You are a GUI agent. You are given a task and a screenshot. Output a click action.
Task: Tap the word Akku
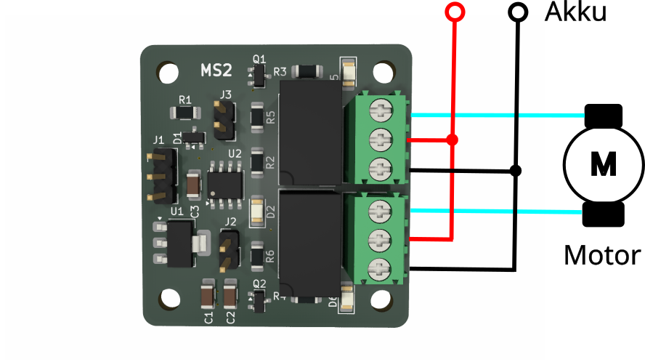(575, 12)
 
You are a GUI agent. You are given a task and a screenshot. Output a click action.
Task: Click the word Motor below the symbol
(602, 255)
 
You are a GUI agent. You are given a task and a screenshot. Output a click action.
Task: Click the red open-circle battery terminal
(455, 12)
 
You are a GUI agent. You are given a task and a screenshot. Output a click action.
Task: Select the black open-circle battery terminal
(518, 12)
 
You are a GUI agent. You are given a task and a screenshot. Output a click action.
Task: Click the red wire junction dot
(452, 140)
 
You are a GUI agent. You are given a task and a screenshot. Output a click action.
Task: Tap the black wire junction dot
(516, 171)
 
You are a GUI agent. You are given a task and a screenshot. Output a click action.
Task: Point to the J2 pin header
(229, 249)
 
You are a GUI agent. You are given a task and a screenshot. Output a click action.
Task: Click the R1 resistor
(184, 113)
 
